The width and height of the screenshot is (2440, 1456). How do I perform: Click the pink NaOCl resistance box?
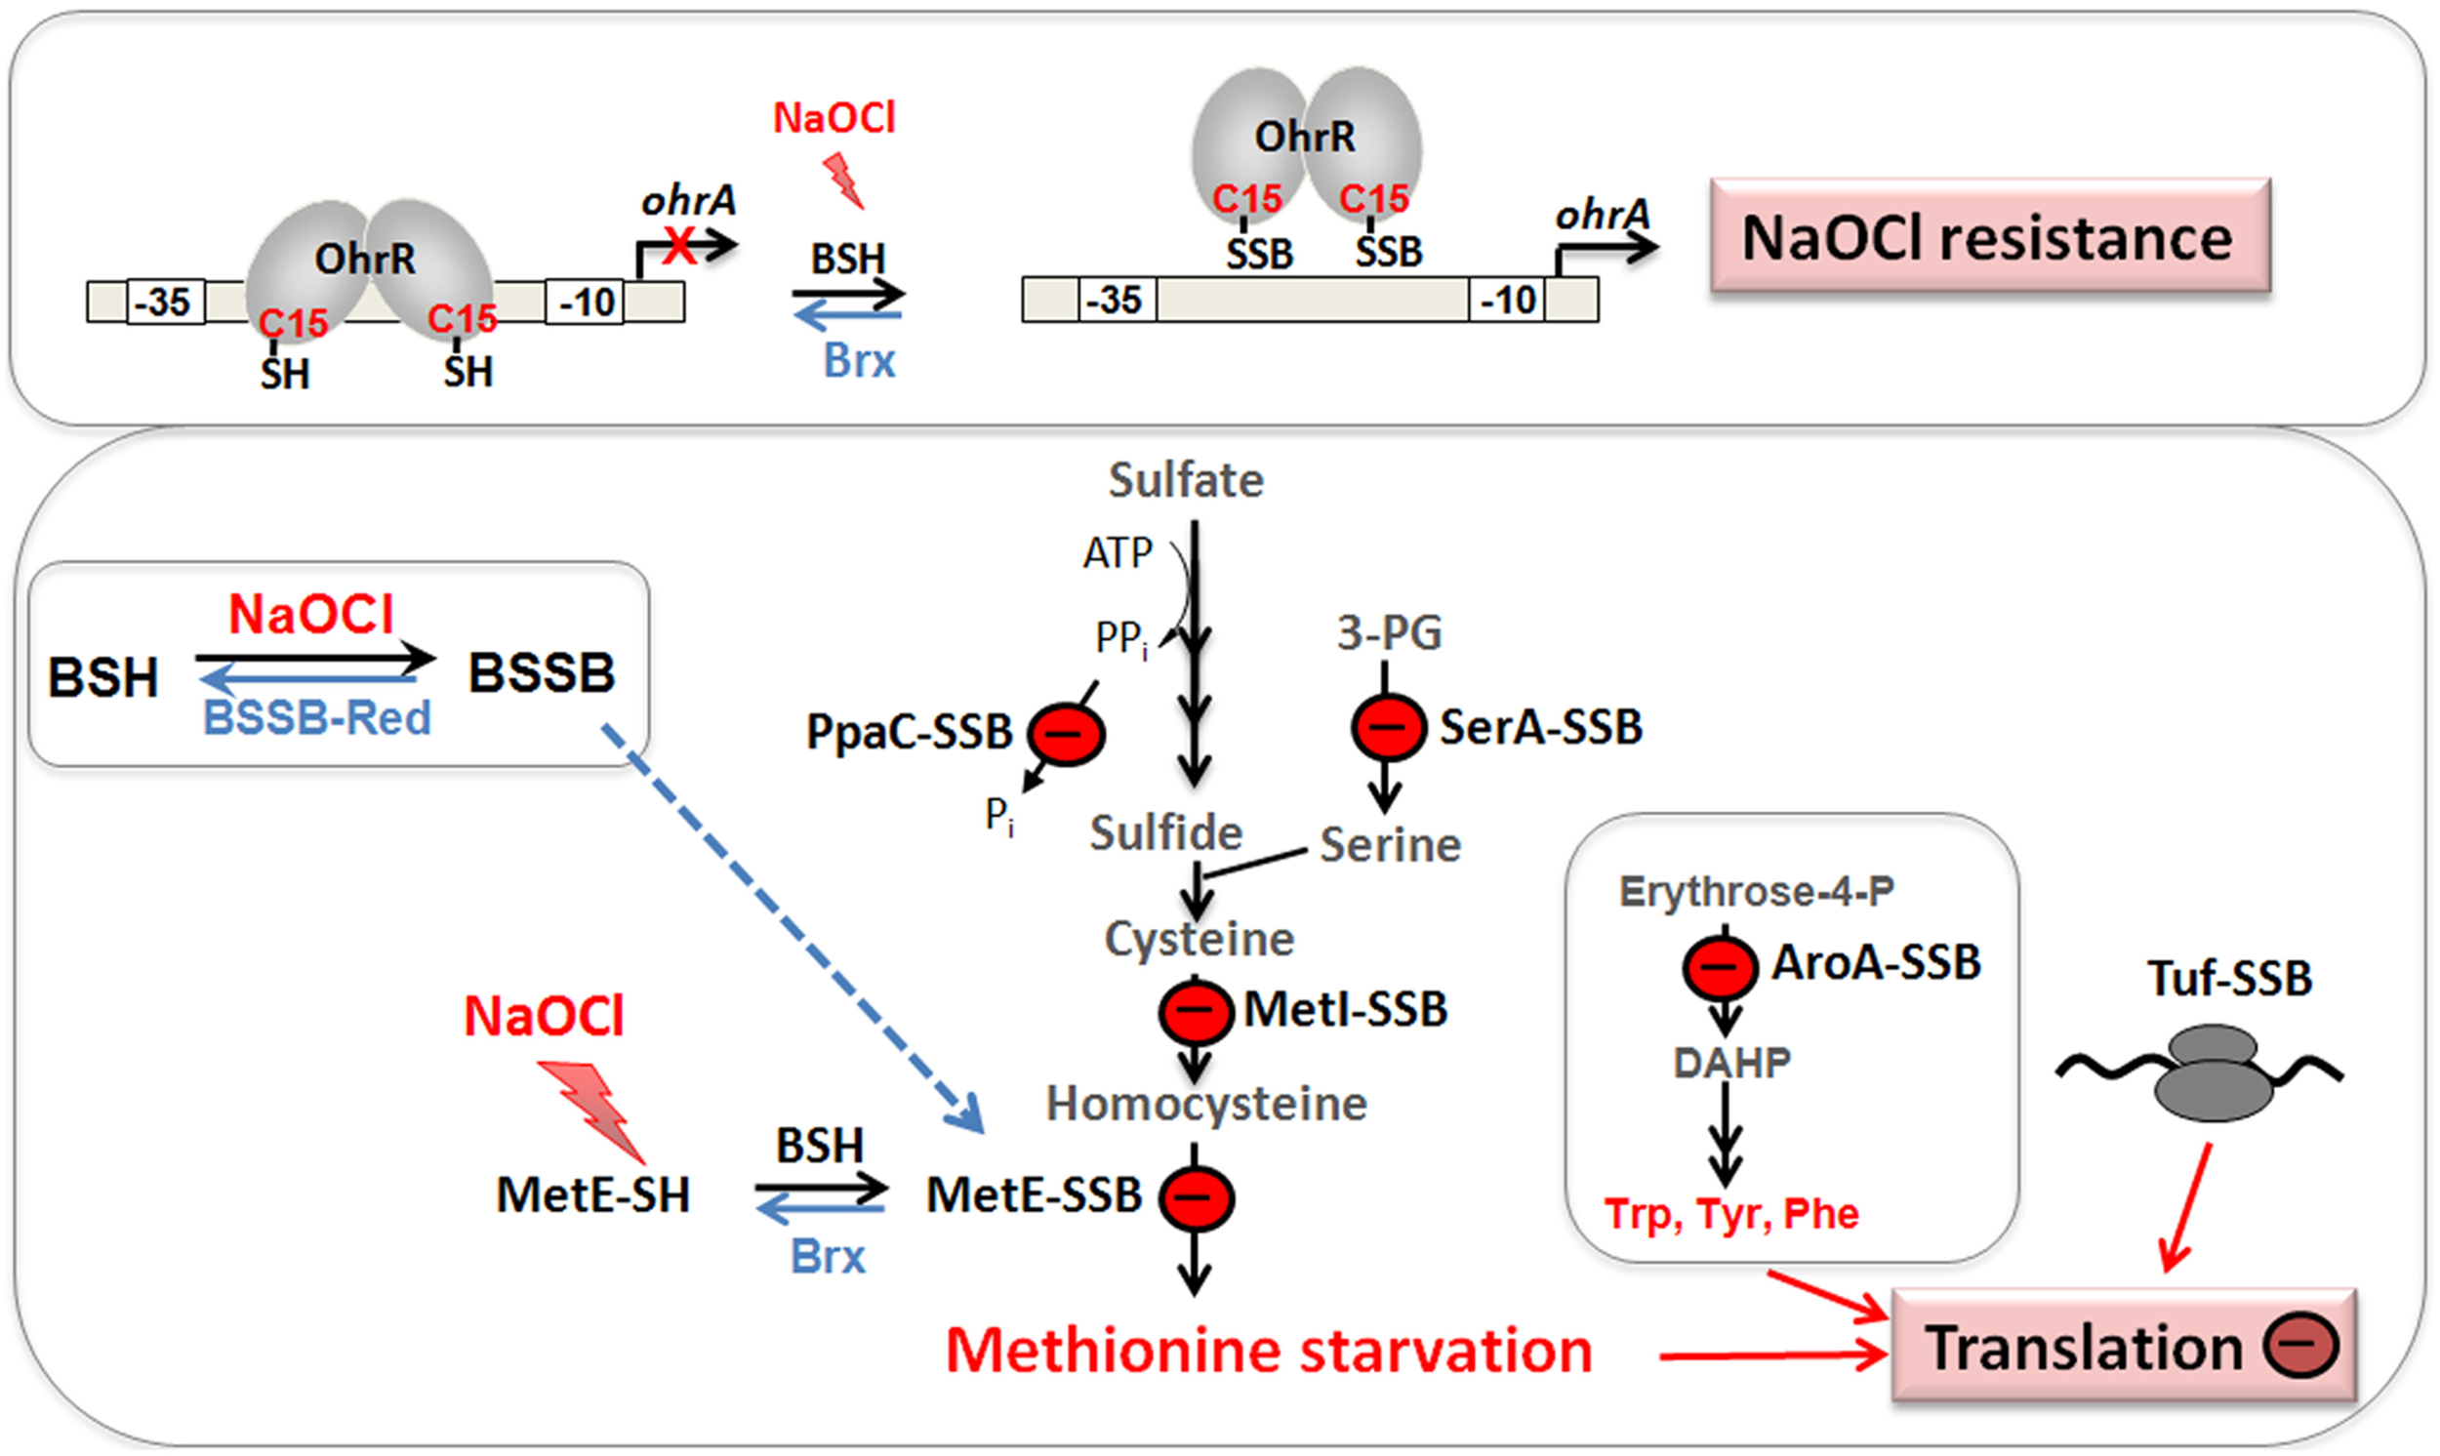[x=1990, y=236]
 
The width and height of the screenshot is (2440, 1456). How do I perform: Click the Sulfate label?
[x=1185, y=481]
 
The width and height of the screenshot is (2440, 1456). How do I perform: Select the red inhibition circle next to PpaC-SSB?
[x=1066, y=734]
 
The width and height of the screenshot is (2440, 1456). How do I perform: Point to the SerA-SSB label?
[x=1540, y=727]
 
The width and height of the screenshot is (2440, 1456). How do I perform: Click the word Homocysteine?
[x=1205, y=1104]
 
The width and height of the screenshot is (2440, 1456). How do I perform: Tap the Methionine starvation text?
[x=1268, y=1350]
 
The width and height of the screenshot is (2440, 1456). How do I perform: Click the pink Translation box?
[x=2123, y=1346]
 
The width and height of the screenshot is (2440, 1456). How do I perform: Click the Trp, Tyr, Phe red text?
[x=1730, y=1214]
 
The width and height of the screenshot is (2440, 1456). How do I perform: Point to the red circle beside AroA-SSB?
[x=1720, y=966]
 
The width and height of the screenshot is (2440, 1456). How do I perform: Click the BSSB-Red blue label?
[x=317, y=718]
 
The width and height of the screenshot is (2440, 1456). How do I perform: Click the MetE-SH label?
[x=592, y=1195]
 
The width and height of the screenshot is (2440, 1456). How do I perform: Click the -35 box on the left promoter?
[x=164, y=303]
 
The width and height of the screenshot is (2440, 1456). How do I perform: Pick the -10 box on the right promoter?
[x=1507, y=300]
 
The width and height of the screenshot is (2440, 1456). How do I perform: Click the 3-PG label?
[x=1388, y=632]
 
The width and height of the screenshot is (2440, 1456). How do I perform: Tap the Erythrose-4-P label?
[x=1755, y=892]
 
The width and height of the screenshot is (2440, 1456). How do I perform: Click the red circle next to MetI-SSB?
[x=1195, y=1012]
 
